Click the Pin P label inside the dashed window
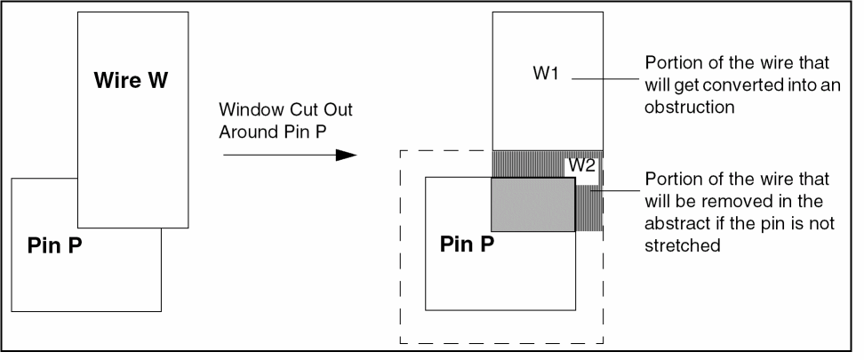468,244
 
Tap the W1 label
545,75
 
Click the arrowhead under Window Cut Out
346,156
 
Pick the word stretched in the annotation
682,245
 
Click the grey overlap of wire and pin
532,205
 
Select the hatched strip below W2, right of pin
588,208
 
